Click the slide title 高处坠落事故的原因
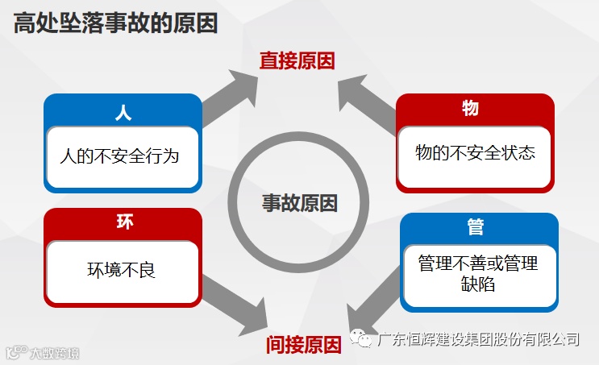(x=114, y=24)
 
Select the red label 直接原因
(x=297, y=60)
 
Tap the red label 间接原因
(x=303, y=345)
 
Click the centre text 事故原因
(x=299, y=202)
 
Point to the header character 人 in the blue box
(x=123, y=112)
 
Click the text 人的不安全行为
(x=119, y=156)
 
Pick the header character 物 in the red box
(x=470, y=108)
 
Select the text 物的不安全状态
(x=475, y=152)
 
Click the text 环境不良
(x=122, y=269)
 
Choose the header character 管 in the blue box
(x=476, y=228)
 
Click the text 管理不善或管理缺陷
(x=477, y=273)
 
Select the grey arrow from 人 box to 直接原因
(x=229, y=95)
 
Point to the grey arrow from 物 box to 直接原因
(x=366, y=99)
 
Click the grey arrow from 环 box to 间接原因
(x=234, y=307)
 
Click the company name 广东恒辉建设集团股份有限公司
(x=479, y=339)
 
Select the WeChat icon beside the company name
(x=364, y=340)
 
